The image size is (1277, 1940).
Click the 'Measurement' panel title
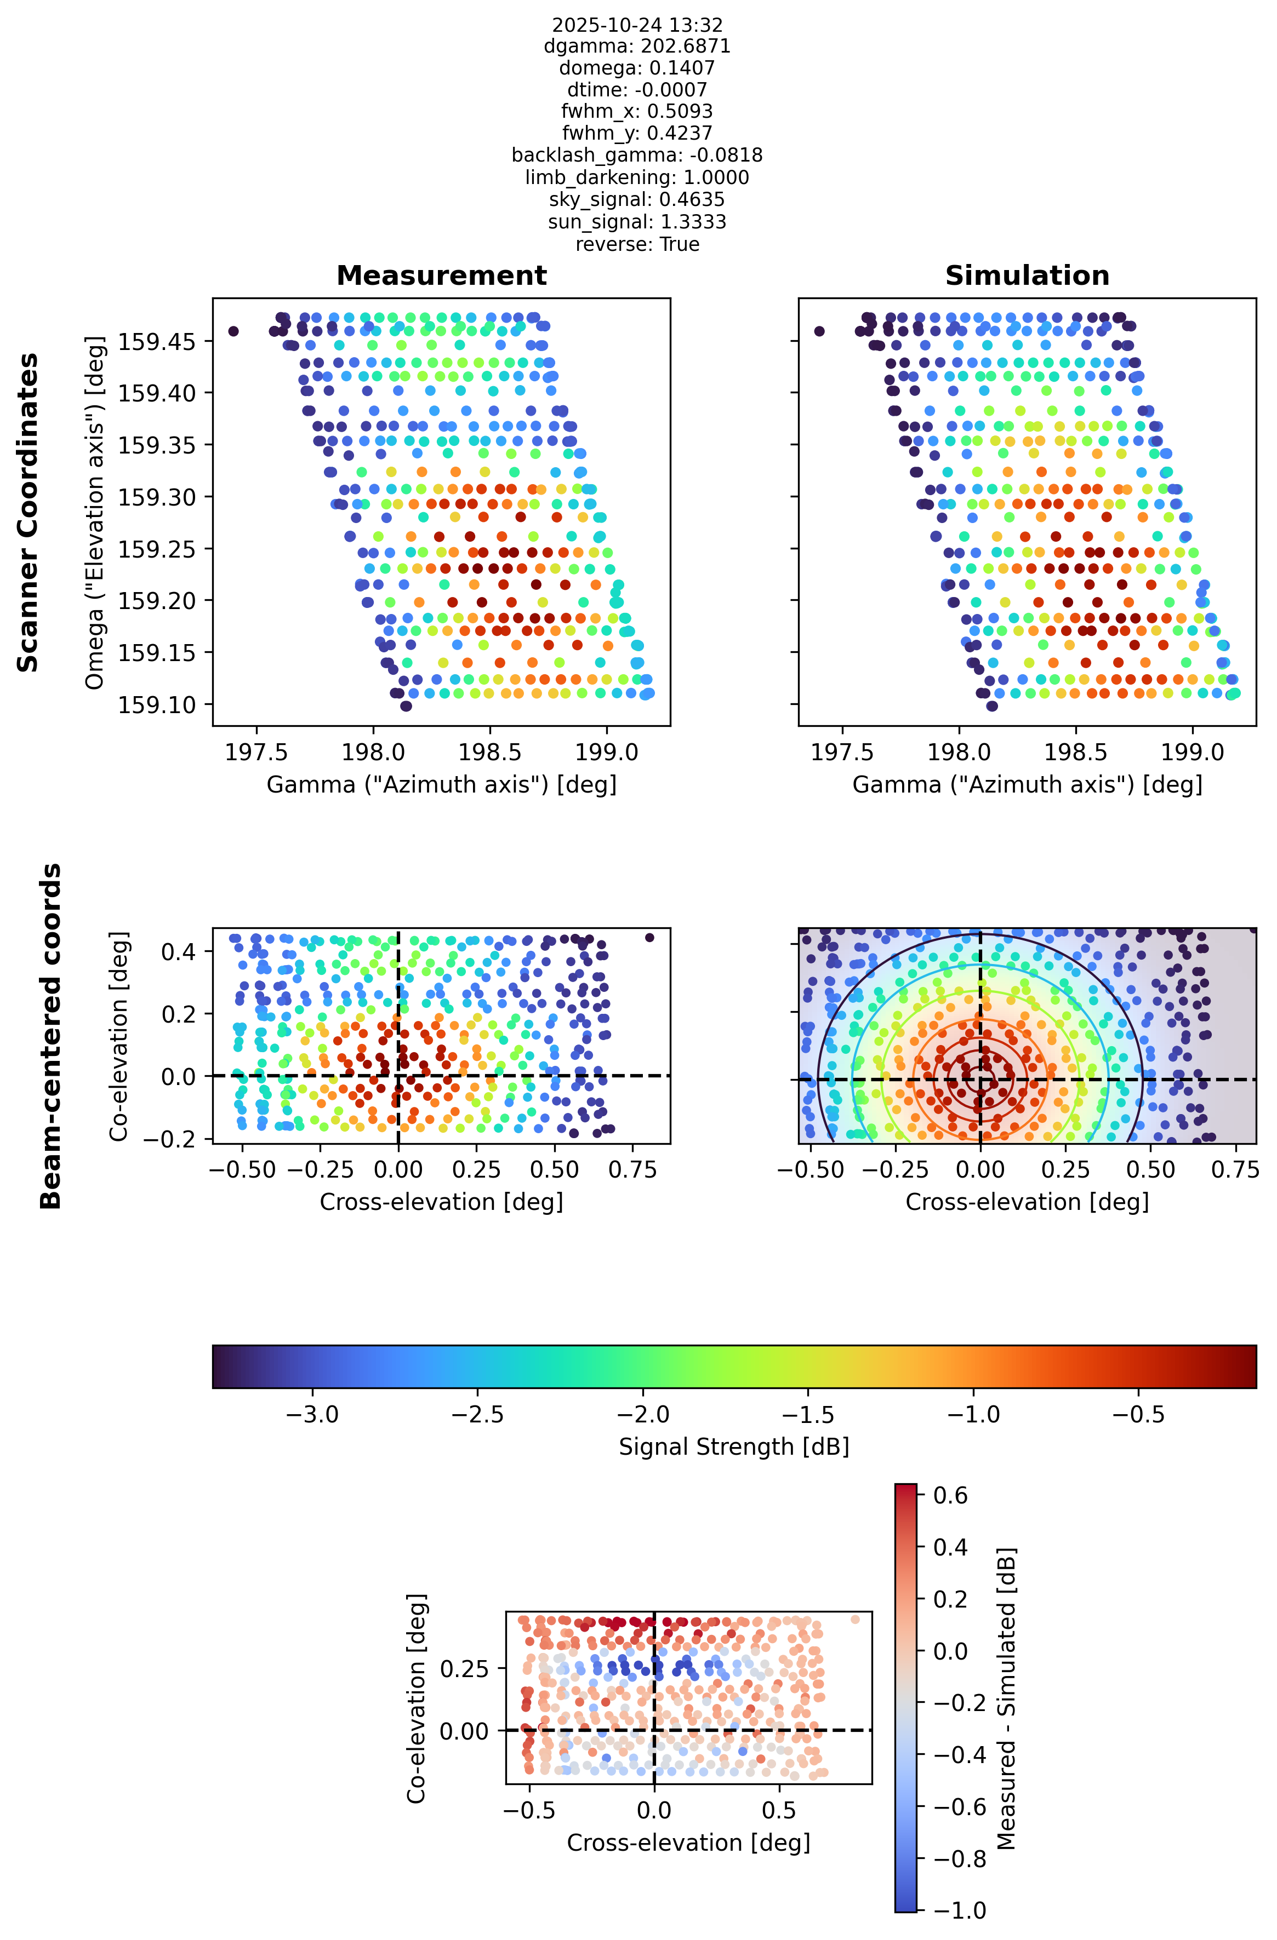(x=441, y=275)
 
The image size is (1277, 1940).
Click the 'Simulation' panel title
(x=1027, y=275)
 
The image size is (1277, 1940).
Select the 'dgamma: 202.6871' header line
(x=637, y=47)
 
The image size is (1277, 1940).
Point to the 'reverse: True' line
(x=637, y=244)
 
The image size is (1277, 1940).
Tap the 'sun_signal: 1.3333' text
(x=637, y=222)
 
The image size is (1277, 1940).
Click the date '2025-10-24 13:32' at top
(x=637, y=25)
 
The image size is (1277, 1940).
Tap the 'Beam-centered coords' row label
(x=50, y=1036)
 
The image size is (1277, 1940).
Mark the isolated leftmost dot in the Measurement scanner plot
(x=233, y=331)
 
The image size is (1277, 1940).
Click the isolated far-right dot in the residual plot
(x=854, y=1620)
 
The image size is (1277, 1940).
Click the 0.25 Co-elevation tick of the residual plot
(x=465, y=1668)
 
